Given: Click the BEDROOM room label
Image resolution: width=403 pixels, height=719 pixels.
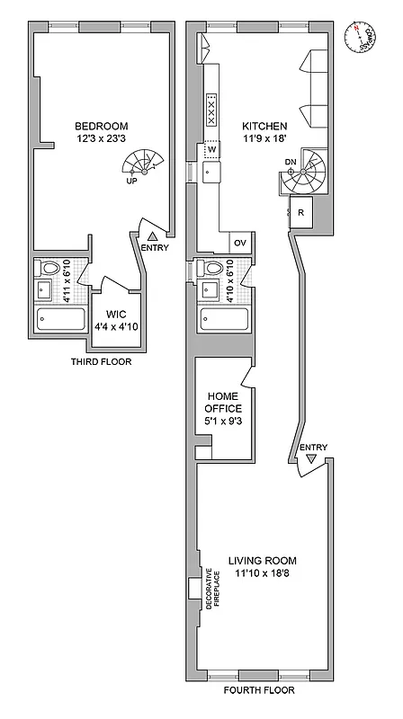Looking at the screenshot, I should point(101,126).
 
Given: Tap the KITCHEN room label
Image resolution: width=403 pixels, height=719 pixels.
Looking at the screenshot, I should point(264,126).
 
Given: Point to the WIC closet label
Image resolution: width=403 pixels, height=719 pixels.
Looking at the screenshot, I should point(115,314).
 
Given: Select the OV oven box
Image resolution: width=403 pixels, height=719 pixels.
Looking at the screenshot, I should point(240,243).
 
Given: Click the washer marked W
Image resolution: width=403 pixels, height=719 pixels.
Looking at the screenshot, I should point(211,150).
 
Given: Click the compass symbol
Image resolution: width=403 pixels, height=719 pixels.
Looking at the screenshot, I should point(363,38).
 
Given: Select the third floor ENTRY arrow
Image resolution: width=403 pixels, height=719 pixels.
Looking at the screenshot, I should point(152,235).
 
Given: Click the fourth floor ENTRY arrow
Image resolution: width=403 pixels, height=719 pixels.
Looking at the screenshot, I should point(312,458).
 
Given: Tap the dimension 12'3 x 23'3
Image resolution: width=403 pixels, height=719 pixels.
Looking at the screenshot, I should point(101,139).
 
